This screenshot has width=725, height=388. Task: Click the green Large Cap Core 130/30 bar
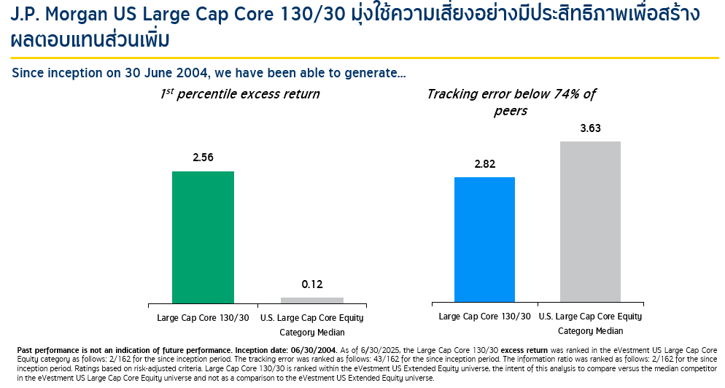203,237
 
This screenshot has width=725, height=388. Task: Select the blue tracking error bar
484,239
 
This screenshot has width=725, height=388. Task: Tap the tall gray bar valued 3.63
590,221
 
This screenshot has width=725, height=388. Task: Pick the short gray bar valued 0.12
311,300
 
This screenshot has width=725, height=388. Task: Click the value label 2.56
203,158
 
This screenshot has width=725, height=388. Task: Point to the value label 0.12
311,284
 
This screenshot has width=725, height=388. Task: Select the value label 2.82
484,164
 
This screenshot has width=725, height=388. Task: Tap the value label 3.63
590,128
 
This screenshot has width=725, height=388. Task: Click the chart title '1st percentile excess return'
240,94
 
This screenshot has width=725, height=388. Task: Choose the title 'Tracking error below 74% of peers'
511,102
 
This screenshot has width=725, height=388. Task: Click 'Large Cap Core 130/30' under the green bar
203,318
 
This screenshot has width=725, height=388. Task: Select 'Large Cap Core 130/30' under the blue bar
484,317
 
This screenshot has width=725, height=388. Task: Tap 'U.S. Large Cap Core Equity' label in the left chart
311,318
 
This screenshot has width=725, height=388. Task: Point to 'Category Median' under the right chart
590,331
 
